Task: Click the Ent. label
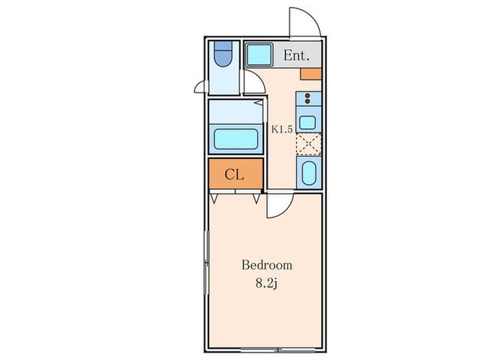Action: pyautogui.click(x=296, y=56)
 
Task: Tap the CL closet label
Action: pyautogui.click(x=235, y=174)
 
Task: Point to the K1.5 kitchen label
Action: pyautogui.click(x=282, y=129)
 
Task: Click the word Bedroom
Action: pyautogui.click(x=267, y=265)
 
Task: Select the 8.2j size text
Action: pyautogui.click(x=266, y=284)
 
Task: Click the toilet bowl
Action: pyautogui.click(x=223, y=54)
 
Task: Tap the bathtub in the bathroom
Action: pyautogui.click(x=236, y=139)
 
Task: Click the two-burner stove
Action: pyautogui.click(x=309, y=99)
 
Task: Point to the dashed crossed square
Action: pyautogui.click(x=309, y=144)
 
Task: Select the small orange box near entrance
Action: pyautogui.click(x=311, y=74)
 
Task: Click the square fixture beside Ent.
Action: pyautogui.click(x=259, y=54)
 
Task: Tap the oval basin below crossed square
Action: pyautogui.click(x=309, y=173)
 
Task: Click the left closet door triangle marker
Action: pyautogui.click(x=214, y=199)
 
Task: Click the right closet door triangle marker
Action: pyautogui.click(x=256, y=199)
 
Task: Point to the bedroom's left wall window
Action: pyautogui.click(x=206, y=263)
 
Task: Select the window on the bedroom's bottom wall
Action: pyautogui.click(x=278, y=350)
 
